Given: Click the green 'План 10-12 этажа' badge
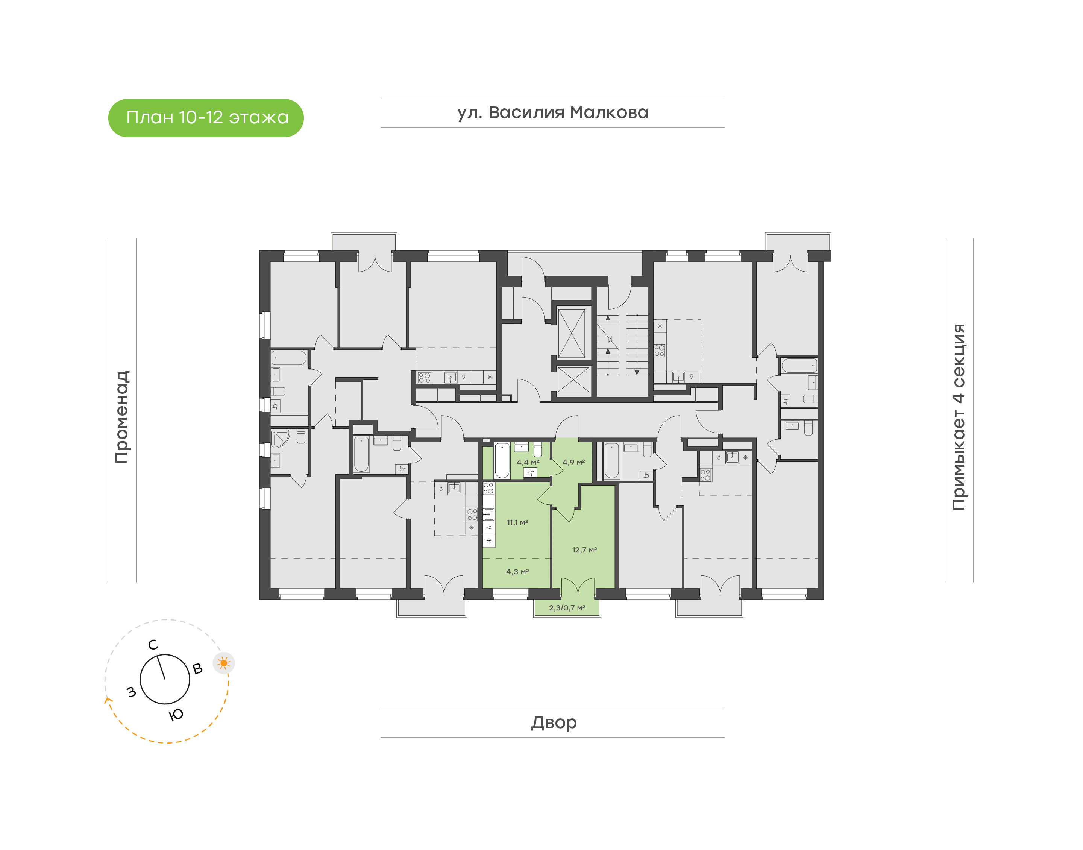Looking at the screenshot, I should [206, 118].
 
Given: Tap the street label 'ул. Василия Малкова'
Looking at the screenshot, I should [552, 113].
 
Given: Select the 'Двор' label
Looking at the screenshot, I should [554, 722].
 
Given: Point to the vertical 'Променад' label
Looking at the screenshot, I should [122, 417].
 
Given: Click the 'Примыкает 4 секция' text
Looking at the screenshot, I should [958, 417].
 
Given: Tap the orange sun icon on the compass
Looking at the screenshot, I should [224, 663].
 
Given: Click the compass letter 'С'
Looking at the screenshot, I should [153, 645].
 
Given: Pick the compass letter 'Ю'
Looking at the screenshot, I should [176, 715].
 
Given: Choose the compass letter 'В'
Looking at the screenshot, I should [197, 669].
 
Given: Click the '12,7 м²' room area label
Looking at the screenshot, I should [584, 550].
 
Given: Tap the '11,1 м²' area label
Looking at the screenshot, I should [517, 522].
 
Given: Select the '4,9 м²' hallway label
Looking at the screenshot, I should [573, 462].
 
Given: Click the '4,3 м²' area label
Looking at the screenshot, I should [517, 572].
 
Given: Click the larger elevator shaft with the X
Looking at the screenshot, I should [571, 333].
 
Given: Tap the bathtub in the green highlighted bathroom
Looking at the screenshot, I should [502, 460].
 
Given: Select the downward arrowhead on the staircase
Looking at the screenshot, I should [636, 372].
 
